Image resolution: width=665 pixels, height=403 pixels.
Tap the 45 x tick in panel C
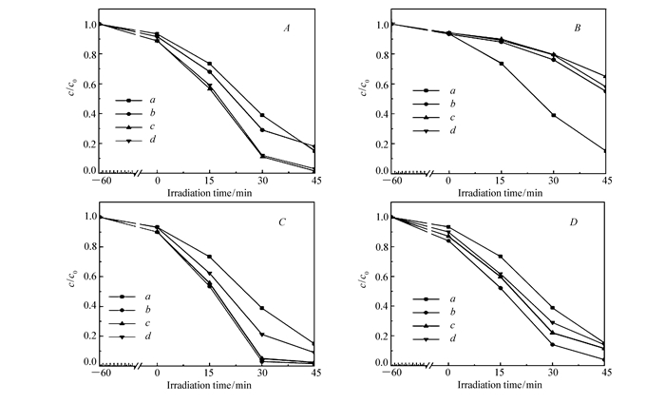pos(313,372)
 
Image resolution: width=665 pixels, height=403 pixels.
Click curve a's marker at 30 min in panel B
pos(553,115)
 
